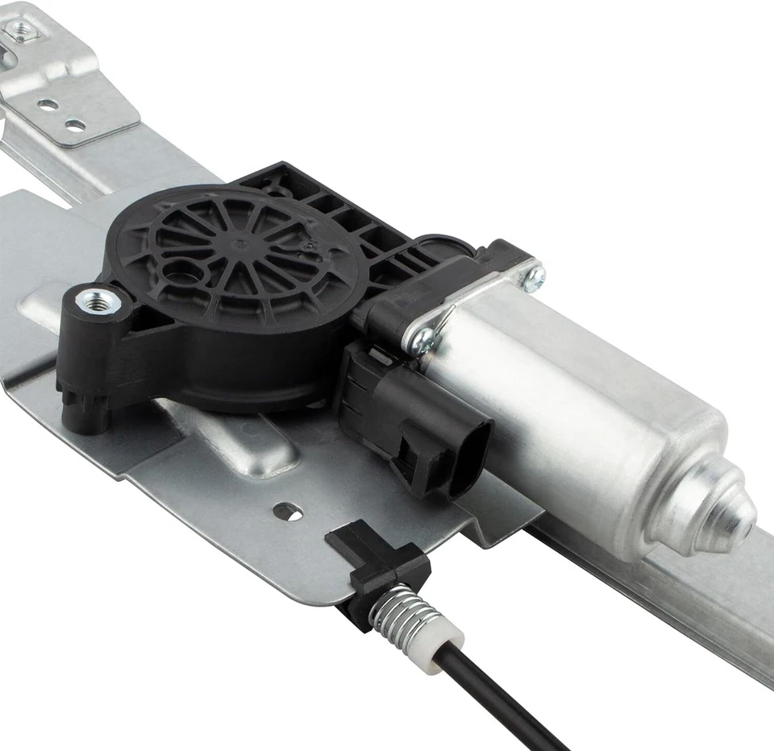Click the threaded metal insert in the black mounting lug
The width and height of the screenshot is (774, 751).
(98, 302)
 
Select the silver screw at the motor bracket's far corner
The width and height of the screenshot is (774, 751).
(533, 277)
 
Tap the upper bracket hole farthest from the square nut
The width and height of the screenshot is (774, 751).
(77, 125)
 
